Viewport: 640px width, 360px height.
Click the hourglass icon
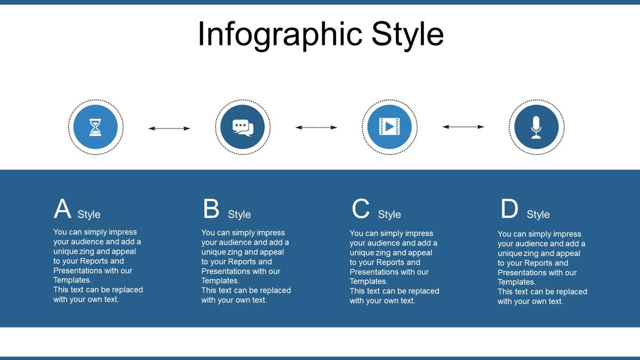tap(95, 127)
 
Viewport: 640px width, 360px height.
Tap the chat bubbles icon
tap(243, 127)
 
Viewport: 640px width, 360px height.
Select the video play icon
tap(389, 126)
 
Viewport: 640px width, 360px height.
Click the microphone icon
tap(537, 127)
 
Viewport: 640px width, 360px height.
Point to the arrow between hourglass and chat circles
tap(169, 129)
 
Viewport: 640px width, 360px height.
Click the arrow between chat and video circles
tap(316, 127)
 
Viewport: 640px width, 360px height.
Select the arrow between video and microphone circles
tap(463, 126)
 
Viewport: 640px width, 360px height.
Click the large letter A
tap(62, 209)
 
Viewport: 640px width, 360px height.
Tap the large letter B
tap(211, 209)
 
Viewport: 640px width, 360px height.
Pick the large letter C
tap(361, 209)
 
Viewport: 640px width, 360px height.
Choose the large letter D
tap(509, 209)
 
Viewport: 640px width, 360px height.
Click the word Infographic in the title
tap(280, 35)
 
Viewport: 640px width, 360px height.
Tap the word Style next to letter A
tap(89, 214)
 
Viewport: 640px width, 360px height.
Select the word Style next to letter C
tap(389, 214)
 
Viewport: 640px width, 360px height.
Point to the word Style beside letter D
tap(538, 214)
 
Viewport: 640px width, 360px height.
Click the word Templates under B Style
tap(220, 281)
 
